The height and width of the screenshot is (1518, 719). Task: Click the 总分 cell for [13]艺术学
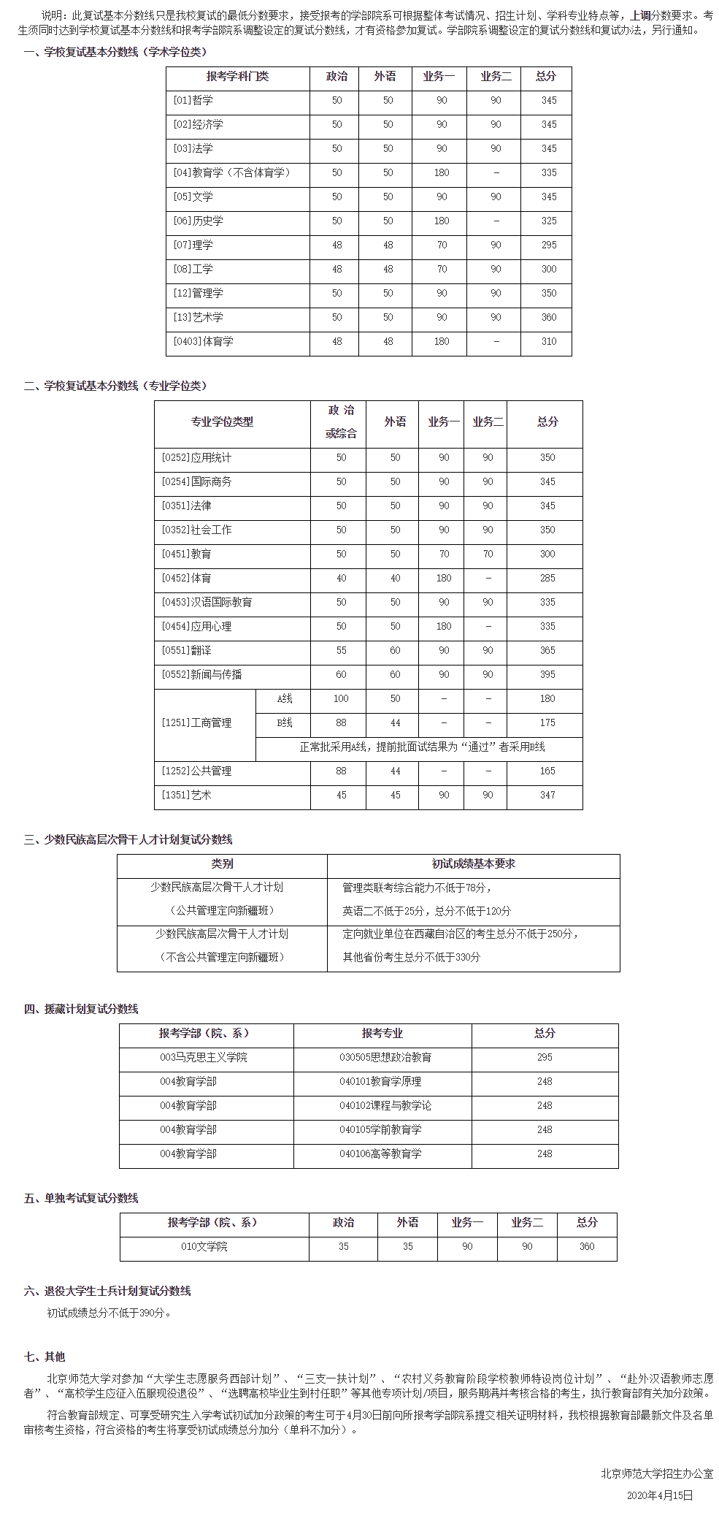tap(549, 318)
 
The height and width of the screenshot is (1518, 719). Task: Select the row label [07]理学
tap(193, 245)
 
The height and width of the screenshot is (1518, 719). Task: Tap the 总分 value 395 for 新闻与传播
tap(547, 675)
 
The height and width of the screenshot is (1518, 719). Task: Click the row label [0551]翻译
tap(186, 651)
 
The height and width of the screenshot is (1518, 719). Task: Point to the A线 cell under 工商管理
tap(285, 699)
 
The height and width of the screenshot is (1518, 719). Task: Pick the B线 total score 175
tap(547, 723)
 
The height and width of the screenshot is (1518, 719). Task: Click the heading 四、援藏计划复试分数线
tap(81, 1009)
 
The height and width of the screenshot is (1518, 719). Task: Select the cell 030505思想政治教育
tap(385, 1057)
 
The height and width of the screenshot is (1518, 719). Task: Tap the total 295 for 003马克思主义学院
tap(545, 1057)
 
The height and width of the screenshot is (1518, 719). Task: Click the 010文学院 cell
tap(204, 1246)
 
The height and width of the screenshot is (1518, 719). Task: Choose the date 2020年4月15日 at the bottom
tap(660, 1495)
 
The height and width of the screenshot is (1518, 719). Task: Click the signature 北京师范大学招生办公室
tap(657, 1473)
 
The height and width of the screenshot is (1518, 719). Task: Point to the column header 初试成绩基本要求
tap(473, 864)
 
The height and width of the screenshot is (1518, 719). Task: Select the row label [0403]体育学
tap(204, 342)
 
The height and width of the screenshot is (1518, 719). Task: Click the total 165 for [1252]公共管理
tap(547, 771)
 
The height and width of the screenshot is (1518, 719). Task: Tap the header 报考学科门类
tap(237, 77)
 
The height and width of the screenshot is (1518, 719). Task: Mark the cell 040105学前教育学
tap(380, 1129)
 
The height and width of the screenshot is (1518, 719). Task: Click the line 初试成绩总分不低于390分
tap(109, 1313)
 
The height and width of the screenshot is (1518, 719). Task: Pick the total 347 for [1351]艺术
tap(547, 796)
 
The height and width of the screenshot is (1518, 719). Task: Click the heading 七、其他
tap(45, 1357)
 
